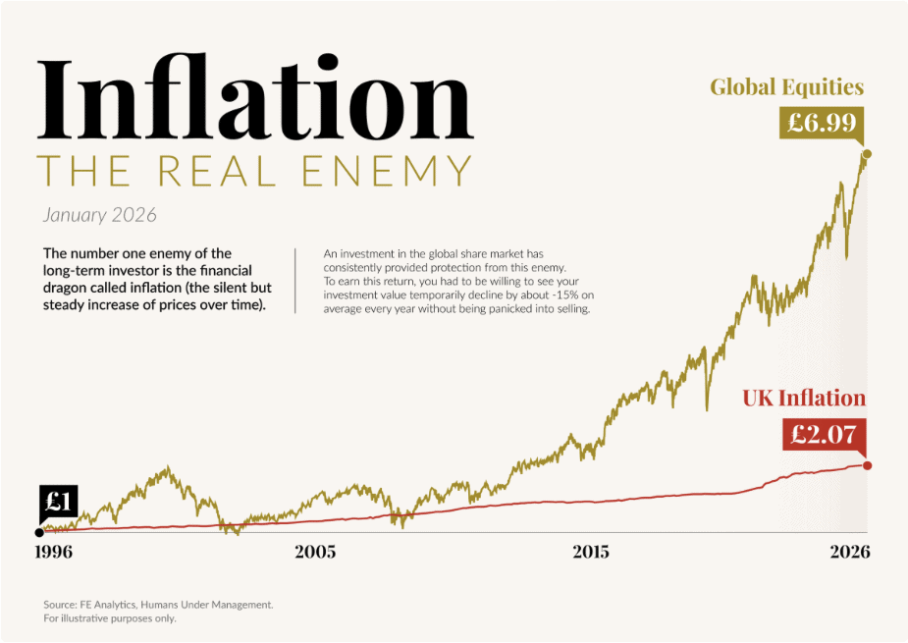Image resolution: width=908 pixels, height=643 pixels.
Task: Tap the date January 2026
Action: click(x=99, y=214)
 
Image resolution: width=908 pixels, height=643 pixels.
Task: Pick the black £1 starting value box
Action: click(x=58, y=503)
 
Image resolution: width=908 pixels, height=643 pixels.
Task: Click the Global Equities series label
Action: click(x=786, y=87)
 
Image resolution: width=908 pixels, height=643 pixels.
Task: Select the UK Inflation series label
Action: click(x=804, y=399)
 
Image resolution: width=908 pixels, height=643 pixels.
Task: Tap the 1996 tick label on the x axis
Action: click(x=55, y=552)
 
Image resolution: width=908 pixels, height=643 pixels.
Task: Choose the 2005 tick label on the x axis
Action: click(x=315, y=552)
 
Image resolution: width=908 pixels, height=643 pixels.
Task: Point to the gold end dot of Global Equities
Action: click(x=866, y=154)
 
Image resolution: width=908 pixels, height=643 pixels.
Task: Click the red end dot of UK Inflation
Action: click(x=867, y=465)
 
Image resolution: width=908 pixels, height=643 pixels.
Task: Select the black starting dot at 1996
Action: click(x=39, y=533)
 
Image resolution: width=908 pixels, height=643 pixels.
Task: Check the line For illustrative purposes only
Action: click(x=110, y=618)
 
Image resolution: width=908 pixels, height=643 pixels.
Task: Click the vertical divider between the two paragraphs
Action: click(x=295, y=280)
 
